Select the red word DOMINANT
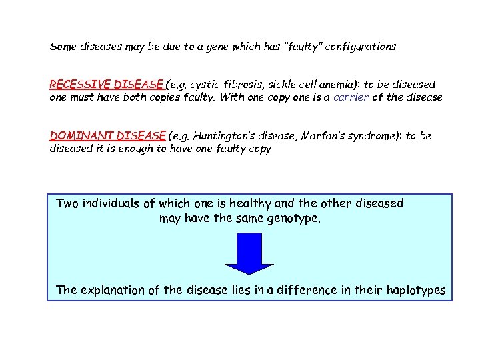tap(73, 136)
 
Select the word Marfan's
tap(323, 136)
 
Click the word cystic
tap(205, 85)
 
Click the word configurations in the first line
tap(360, 47)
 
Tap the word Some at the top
tap(64, 47)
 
